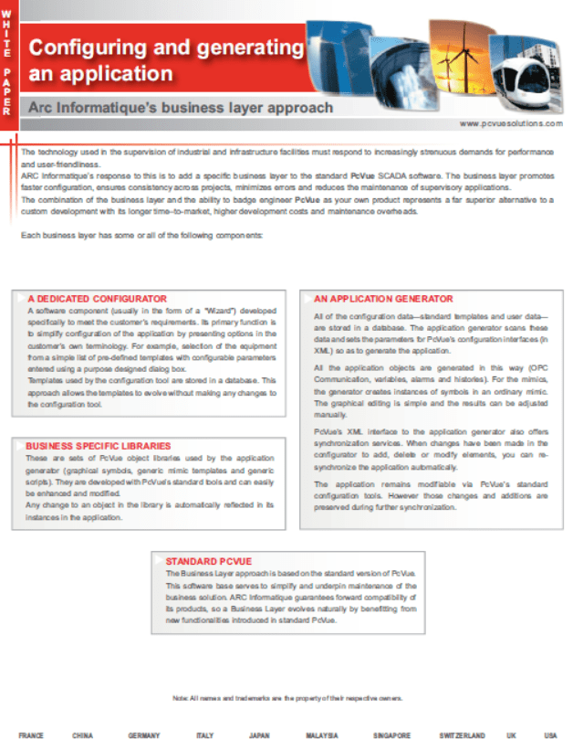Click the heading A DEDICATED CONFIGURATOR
[x=97, y=299]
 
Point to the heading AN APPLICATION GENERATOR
[x=382, y=299]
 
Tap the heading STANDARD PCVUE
[x=208, y=559]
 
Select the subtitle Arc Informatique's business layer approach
[x=181, y=108]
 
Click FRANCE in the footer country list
[x=30, y=736]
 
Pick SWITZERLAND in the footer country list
[x=461, y=736]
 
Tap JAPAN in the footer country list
[x=259, y=736]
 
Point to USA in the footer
[x=550, y=736]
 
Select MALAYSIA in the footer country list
[x=322, y=736]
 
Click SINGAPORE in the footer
[x=391, y=736]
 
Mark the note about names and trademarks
[x=286, y=698]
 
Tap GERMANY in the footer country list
[x=144, y=736]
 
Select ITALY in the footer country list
[x=204, y=736]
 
